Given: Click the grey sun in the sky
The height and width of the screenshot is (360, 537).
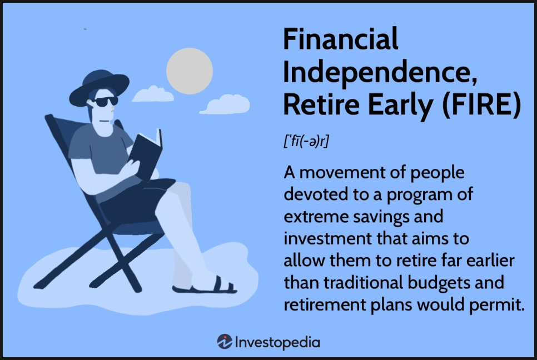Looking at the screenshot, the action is [190, 71].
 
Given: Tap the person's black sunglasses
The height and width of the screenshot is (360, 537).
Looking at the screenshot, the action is [106, 101].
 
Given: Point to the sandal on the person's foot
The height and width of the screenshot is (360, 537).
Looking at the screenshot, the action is [206, 287].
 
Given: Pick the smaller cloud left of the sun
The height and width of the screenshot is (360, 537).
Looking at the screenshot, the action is [153, 94].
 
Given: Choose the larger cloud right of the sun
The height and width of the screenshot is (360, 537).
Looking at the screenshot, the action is [225, 104].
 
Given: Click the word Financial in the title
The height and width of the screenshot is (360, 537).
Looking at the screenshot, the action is [341, 39].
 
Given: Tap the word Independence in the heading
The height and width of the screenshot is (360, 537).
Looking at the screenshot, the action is [380, 73].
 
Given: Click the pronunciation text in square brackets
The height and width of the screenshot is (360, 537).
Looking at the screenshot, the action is [306, 141].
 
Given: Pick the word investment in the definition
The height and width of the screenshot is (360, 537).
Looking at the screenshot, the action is [328, 238].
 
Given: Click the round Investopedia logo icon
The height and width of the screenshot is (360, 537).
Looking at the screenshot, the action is [225, 342].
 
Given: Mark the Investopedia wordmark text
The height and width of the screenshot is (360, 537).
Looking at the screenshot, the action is [278, 343].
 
